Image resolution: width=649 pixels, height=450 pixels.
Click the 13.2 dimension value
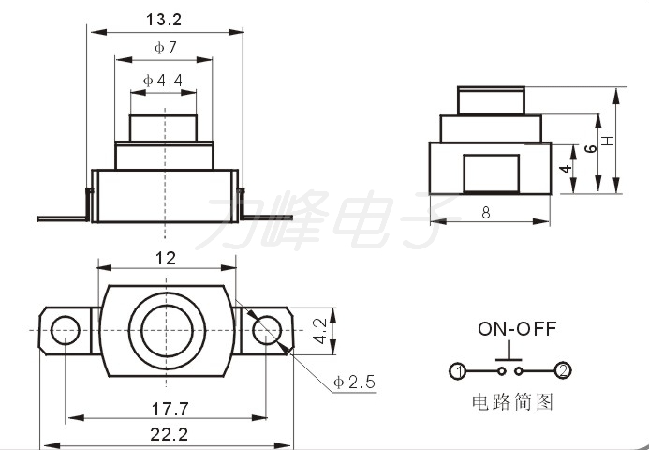[x=164, y=20]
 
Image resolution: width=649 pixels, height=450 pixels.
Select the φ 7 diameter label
[x=166, y=48]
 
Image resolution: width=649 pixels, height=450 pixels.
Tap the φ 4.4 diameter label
[x=163, y=80]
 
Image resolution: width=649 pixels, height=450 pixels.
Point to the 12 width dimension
[x=166, y=258]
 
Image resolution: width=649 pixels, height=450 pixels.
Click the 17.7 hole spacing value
[x=170, y=409]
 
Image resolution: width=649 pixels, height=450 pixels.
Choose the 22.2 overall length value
[x=169, y=434]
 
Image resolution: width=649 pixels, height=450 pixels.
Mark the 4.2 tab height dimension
[x=320, y=331]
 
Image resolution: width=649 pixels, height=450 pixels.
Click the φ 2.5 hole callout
[x=354, y=382]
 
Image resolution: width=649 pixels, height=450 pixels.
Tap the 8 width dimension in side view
[x=486, y=213]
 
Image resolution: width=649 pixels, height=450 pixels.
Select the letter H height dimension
[x=607, y=141]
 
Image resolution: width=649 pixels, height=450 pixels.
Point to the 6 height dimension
[x=591, y=148]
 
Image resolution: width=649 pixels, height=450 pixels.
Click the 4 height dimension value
[x=565, y=169]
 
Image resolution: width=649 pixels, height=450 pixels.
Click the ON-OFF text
[x=517, y=328]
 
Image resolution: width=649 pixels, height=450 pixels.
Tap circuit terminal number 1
[x=458, y=371]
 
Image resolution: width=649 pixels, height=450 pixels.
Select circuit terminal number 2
[x=563, y=370]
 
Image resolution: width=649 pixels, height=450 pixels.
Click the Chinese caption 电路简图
[x=512, y=401]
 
